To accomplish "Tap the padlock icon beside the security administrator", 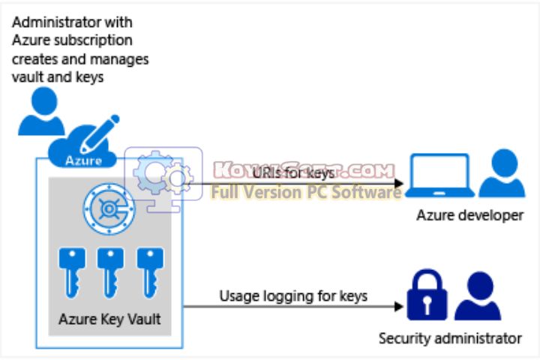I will click(x=425, y=296).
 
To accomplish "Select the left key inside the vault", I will click(x=71, y=270).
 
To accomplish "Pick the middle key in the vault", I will click(x=110, y=270).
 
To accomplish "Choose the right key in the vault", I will click(x=148, y=270).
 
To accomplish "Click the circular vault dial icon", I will click(x=108, y=208).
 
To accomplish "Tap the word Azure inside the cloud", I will click(x=83, y=160).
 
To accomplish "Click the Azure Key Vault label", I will click(x=109, y=320).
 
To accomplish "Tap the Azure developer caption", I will click(x=469, y=216).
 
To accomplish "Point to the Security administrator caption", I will click(x=449, y=338).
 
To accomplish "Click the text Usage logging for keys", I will click(x=293, y=295).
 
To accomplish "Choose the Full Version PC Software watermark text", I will click(x=306, y=193).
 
